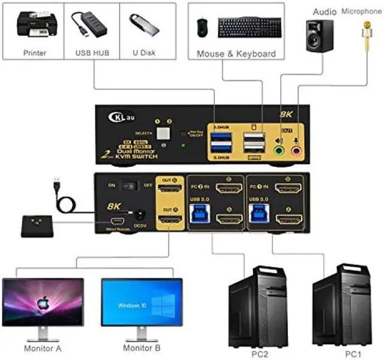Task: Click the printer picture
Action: (x=34, y=26)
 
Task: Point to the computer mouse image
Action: (x=203, y=26)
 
